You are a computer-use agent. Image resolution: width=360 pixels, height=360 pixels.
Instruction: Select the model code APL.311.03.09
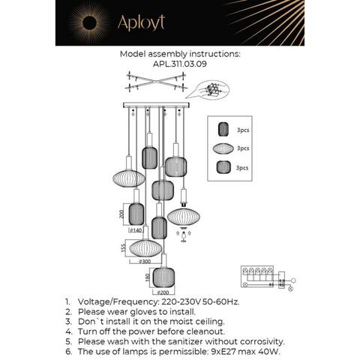(179, 64)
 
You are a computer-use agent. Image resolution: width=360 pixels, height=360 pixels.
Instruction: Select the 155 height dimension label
(121, 247)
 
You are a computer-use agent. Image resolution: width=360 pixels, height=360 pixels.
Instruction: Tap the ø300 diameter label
(146, 262)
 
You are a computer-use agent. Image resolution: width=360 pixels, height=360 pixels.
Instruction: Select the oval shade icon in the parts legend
(222, 148)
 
